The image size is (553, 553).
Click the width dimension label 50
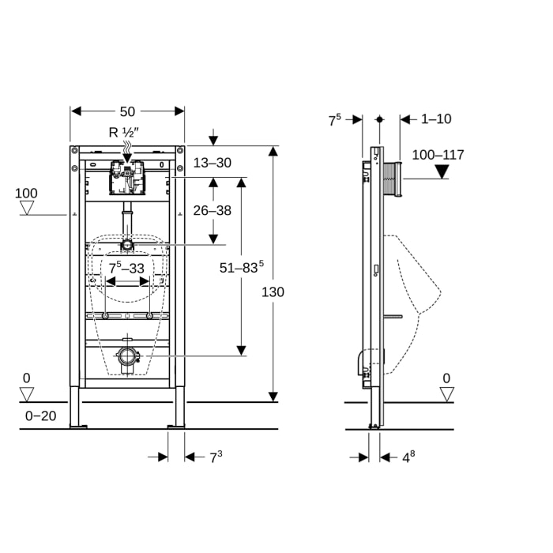coord(127,111)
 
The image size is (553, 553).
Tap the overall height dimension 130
coord(273,292)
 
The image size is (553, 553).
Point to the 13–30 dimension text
coord(213,163)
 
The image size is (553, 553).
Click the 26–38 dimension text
coord(213,210)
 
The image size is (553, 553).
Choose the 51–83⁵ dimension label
coord(241,268)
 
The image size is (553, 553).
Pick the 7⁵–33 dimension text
coord(127,269)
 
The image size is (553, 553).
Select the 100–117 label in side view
coord(438,155)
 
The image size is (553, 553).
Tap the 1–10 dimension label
coord(436,119)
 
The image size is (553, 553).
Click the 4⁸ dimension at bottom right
coord(408,457)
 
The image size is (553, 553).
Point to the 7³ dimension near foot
coord(216,457)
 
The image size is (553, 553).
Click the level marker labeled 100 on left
coord(26,194)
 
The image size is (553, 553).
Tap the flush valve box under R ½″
coord(127,178)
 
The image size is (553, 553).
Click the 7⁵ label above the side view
coord(335,119)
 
